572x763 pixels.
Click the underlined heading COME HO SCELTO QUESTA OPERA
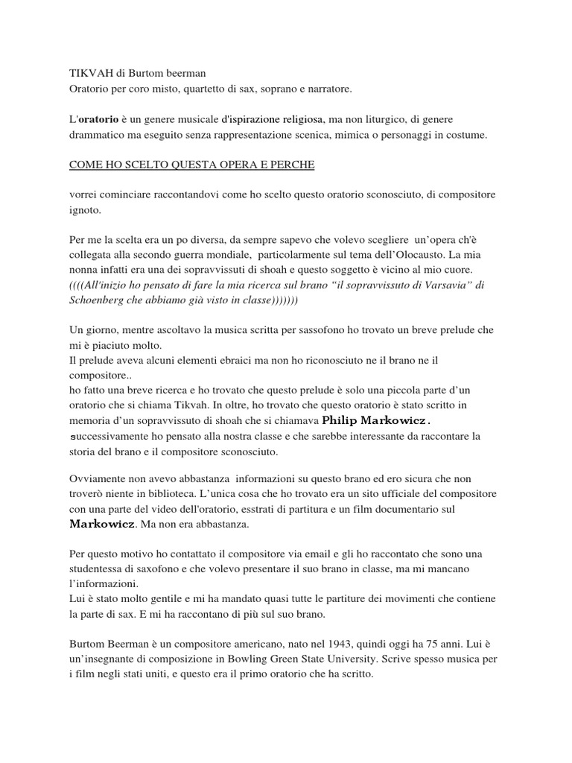click(x=191, y=165)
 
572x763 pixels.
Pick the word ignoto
click(x=83, y=210)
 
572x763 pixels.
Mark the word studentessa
click(x=96, y=569)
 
